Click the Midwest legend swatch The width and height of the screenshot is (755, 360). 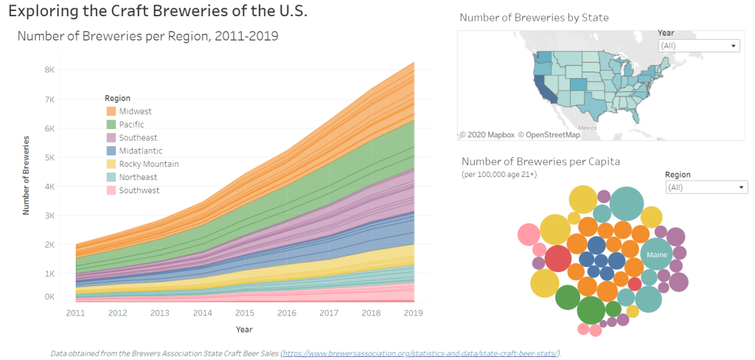click(x=111, y=111)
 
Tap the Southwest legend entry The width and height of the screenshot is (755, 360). click(x=139, y=190)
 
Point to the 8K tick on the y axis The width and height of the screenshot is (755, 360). click(x=49, y=70)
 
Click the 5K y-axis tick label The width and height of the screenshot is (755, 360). click(x=49, y=157)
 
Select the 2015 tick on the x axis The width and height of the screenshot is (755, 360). click(x=244, y=313)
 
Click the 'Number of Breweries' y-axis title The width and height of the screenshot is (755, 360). click(x=26, y=175)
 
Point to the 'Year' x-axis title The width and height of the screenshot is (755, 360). click(x=243, y=329)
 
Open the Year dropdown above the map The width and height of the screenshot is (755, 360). click(x=697, y=46)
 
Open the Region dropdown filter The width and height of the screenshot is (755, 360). click(x=706, y=187)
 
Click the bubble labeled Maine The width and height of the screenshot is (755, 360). click(x=656, y=255)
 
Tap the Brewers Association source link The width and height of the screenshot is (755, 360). click(x=421, y=353)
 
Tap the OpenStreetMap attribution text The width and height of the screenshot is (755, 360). click(x=549, y=134)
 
